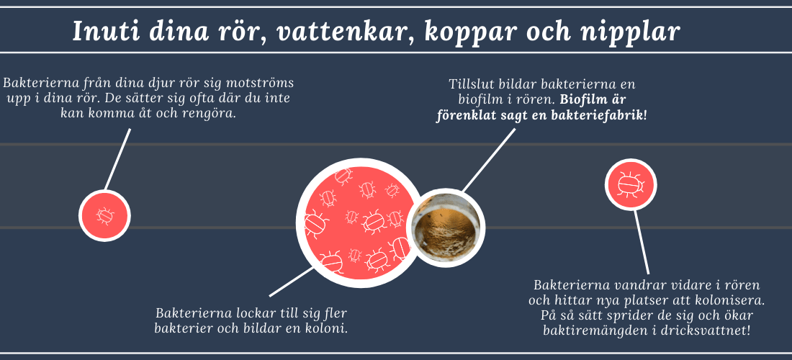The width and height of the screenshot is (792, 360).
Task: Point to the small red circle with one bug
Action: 104,215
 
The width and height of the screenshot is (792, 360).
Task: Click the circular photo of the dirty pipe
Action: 446,228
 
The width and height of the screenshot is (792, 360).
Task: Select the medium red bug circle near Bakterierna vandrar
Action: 631,184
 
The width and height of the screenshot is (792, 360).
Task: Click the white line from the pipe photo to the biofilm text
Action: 489,160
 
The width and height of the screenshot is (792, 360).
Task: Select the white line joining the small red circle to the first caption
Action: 117,159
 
